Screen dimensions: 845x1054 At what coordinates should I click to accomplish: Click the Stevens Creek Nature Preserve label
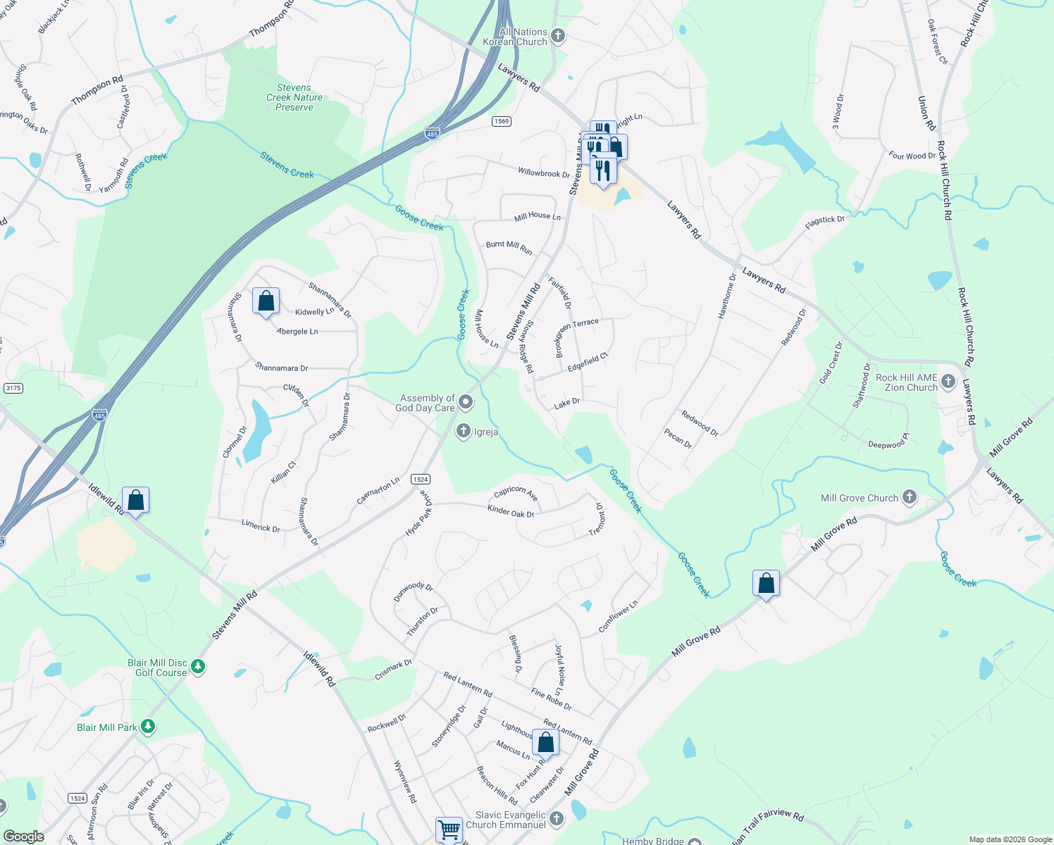294,98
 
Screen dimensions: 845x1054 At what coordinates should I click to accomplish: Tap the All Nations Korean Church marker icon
558,36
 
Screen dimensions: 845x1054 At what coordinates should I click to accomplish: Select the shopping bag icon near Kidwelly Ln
266,301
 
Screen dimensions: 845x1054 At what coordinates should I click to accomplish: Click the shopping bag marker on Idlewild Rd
135,501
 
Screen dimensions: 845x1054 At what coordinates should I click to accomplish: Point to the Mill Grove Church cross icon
910,498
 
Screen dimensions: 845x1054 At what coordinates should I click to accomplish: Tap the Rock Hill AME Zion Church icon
948,382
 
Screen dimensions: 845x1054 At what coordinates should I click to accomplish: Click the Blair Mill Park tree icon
147,726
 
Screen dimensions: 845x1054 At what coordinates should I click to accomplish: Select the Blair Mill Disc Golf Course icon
198,666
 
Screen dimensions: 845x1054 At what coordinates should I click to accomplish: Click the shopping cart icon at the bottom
449,829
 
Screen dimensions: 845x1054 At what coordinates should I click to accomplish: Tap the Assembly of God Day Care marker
466,403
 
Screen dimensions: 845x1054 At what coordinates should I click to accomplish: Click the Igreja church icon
463,431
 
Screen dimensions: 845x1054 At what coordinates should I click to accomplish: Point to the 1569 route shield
502,121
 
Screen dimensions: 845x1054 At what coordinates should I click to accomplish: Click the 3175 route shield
13,388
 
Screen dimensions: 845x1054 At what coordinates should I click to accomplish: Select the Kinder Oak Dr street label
511,511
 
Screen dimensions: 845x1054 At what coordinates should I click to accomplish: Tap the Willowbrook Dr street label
544,173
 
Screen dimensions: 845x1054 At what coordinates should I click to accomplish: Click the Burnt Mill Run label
509,246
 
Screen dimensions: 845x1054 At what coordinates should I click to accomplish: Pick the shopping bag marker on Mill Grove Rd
766,584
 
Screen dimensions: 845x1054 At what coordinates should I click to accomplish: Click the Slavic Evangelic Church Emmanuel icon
557,818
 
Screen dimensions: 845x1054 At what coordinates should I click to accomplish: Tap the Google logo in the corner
23,836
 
